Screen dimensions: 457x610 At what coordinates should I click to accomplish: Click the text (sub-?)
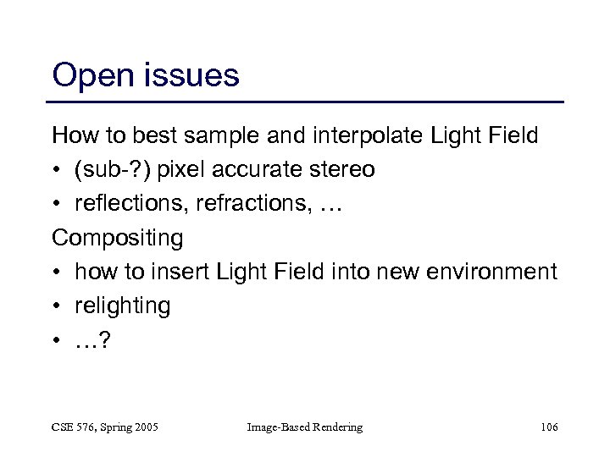tap(110, 169)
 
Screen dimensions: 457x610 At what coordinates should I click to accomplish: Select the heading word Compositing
tap(117, 239)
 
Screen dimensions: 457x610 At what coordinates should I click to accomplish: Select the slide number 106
tap(548, 427)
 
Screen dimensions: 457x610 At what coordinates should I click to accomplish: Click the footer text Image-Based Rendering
tap(304, 427)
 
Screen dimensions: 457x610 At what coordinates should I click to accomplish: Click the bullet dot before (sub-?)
tap(58, 170)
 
